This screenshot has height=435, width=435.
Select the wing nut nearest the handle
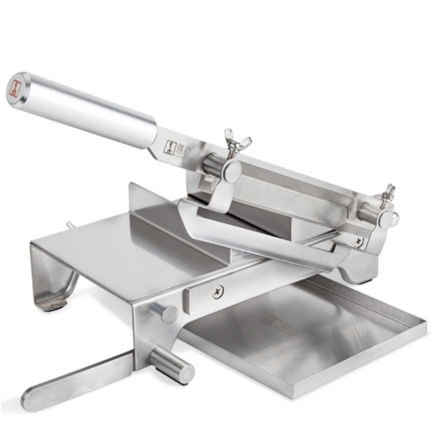click(x=238, y=142)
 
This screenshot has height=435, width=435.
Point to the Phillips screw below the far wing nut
click(x=358, y=242)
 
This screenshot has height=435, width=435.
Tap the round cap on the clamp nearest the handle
click(x=232, y=171)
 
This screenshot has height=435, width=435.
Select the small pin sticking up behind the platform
click(x=68, y=225)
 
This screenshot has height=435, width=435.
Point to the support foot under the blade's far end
click(x=354, y=274)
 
